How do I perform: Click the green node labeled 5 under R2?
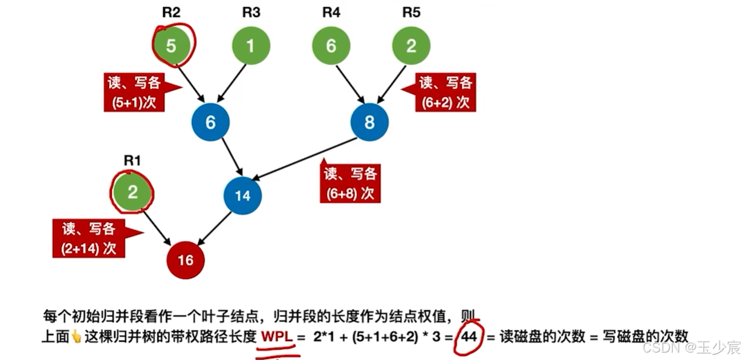(x=171, y=46)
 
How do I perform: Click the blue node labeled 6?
(x=210, y=122)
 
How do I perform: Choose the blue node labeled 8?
(x=370, y=122)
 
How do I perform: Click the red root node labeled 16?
(x=185, y=261)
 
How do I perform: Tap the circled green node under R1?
(x=133, y=192)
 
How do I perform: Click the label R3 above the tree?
(x=251, y=13)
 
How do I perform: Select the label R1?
(x=132, y=161)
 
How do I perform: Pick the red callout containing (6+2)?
(x=445, y=93)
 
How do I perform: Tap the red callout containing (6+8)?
(x=350, y=183)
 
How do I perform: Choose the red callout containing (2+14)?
(x=89, y=239)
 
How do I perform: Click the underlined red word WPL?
(x=277, y=337)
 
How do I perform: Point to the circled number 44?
(x=469, y=337)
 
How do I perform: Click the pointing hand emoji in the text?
(x=76, y=337)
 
